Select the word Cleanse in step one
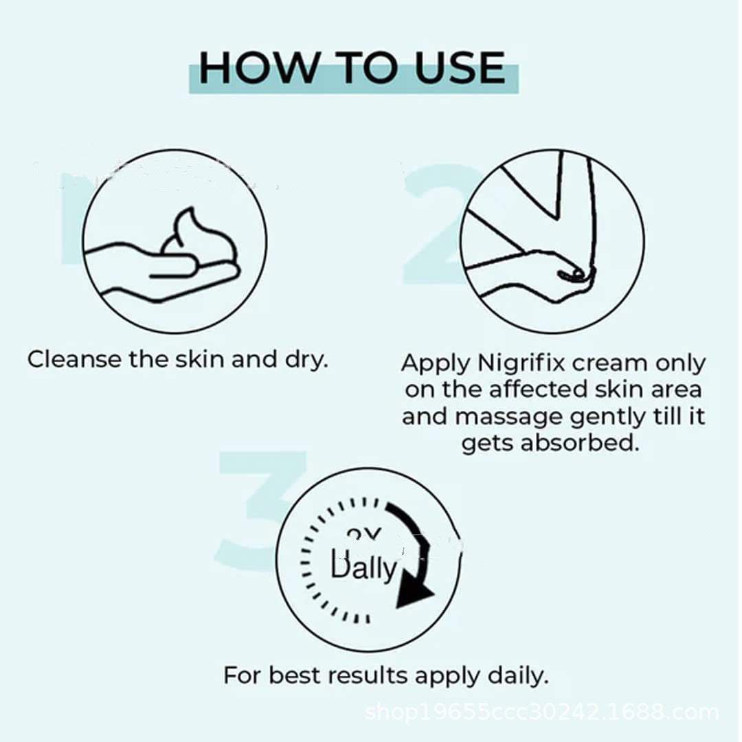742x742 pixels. point(74,359)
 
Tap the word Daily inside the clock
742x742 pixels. point(363,567)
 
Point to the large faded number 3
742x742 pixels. point(251,512)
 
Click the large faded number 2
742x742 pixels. point(440,223)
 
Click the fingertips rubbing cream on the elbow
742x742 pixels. point(574,275)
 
